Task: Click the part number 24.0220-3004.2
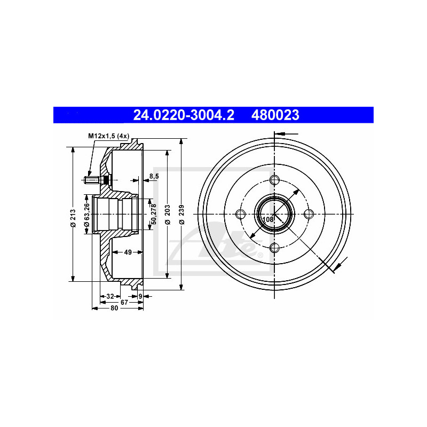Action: point(184,115)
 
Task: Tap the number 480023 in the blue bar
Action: point(275,115)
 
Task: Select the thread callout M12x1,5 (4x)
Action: point(109,136)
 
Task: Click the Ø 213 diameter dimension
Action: point(73,218)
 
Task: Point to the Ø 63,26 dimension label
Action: point(87,215)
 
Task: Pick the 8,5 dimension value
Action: point(154,176)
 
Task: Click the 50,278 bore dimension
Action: point(154,214)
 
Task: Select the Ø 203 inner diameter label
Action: point(168,215)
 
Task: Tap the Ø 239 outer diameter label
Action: point(182,215)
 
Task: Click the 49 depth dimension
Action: point(128,252)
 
